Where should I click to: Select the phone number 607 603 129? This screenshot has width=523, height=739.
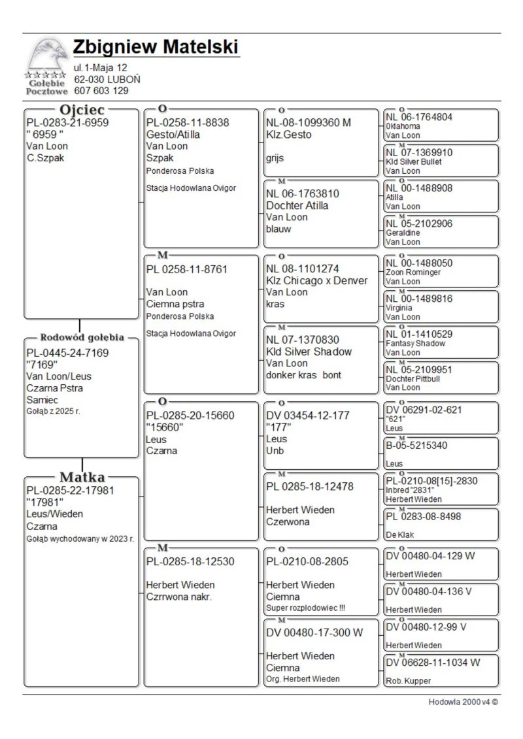click(101, 91)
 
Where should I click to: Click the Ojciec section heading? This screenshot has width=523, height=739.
click(82, 110)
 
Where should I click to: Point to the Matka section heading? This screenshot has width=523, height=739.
click(82, 477)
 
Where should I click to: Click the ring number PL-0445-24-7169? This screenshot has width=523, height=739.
click(67, 353)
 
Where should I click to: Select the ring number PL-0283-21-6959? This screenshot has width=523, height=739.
click(67, 122)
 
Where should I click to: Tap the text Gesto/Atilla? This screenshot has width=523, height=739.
click(173, 135)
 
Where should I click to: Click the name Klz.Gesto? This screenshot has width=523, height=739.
click(289, 135)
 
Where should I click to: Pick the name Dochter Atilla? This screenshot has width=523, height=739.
click(297, 205)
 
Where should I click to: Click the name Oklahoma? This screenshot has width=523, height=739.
click(399, 126)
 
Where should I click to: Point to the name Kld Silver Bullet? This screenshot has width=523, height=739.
click(414, 161)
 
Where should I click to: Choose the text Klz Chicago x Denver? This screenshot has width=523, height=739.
click(316, 281)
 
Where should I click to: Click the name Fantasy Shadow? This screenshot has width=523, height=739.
click(415, 343)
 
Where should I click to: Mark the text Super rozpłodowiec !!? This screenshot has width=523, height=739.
click(305, 608)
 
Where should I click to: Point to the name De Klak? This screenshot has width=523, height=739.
click(400, 534)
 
